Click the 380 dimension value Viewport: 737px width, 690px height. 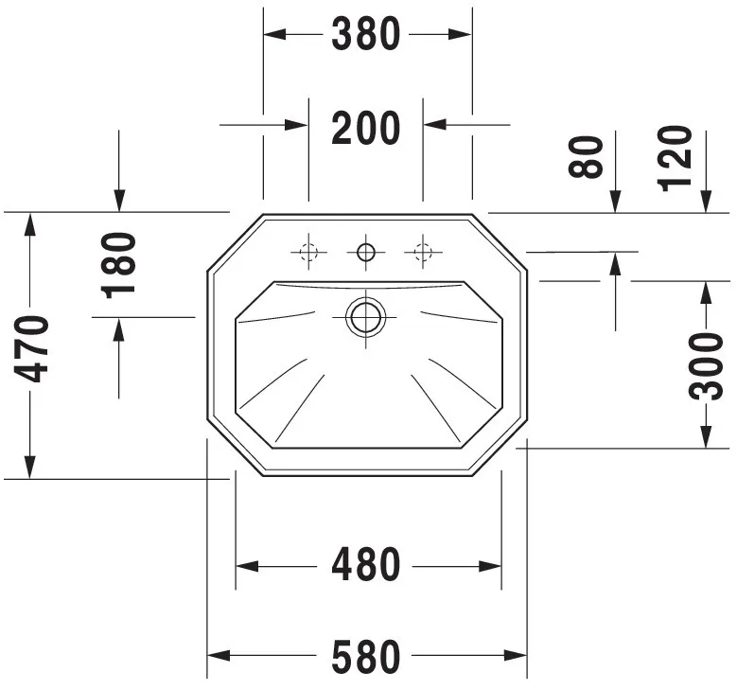(366, 34)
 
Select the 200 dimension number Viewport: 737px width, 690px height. (366, 128)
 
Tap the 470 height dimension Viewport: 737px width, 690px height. (31, 348)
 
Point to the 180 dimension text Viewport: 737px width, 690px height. (118, 266)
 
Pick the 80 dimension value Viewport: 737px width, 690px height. (586, 157)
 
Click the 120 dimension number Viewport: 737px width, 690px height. (676, 159)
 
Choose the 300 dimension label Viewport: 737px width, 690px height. (706, 366)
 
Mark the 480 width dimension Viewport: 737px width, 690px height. (366, 564)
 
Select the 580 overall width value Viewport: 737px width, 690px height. (366, 657)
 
